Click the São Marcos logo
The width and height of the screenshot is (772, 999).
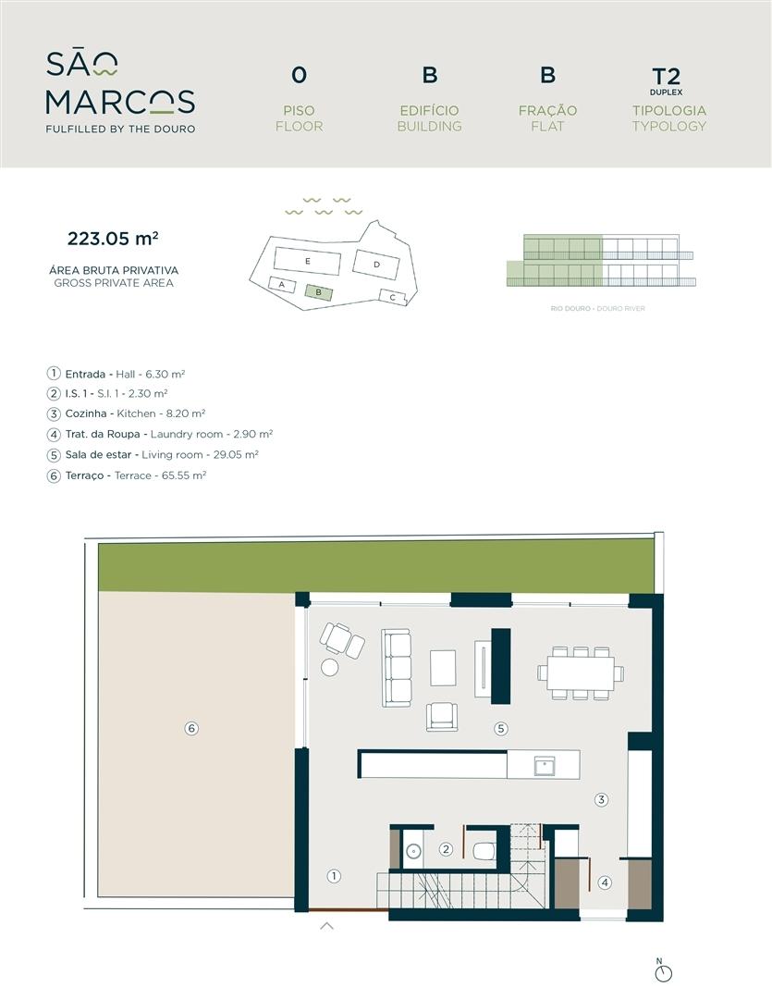120,92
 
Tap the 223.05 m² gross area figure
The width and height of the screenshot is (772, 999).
113,239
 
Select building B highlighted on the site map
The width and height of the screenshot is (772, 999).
318,292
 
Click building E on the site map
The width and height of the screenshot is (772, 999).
308,261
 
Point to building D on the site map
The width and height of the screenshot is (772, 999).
376,264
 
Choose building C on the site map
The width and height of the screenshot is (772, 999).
393,297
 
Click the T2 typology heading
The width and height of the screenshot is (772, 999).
667,77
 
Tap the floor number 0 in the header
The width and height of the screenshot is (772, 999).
299,75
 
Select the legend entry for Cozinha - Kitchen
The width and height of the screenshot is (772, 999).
126,413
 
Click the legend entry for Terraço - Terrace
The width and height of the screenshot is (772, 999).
127,475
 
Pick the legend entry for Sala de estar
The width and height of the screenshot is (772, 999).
153,455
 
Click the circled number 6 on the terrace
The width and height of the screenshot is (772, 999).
191,728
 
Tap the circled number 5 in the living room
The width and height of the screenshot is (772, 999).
501,728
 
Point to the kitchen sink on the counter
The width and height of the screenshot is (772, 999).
545,765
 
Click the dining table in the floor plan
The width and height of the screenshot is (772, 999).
581,672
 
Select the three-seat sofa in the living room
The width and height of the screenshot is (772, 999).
396,668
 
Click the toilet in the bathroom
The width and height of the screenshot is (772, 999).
484,850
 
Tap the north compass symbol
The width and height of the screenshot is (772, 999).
664,973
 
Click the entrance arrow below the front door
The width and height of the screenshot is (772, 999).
326,926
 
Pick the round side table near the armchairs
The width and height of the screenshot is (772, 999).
330,667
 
